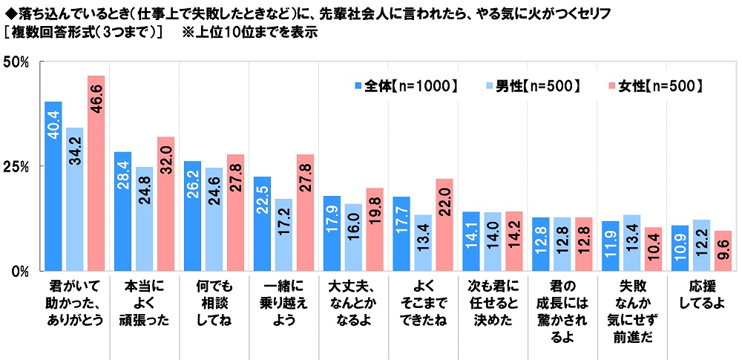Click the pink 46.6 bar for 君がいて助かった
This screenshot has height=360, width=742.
tap(96, 172)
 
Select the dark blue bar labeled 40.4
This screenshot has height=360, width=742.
tap(53, 186)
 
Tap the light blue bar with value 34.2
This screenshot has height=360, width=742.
tap(74, 198)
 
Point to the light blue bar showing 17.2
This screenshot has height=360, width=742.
tap(283, 234)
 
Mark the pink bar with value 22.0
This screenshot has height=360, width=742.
tap(444, 224)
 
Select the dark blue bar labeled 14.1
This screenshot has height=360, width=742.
tap(471, 240)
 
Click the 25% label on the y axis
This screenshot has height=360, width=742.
tap(16, 166)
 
